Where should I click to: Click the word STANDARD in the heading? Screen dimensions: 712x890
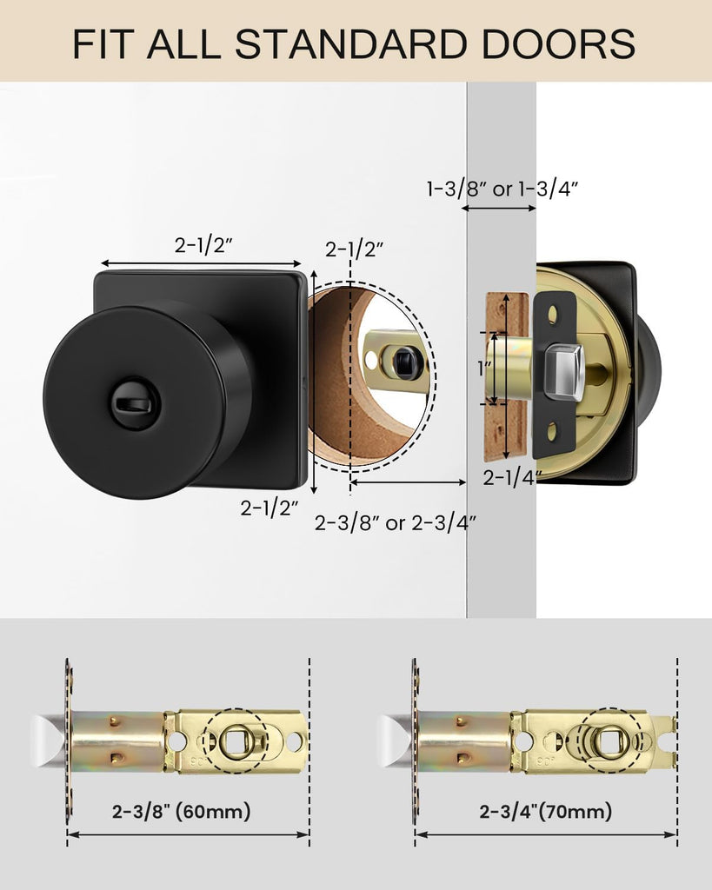[349, 43]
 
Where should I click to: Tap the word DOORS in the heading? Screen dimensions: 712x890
[558, 43]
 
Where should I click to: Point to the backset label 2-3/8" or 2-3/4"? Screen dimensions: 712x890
[396, 522]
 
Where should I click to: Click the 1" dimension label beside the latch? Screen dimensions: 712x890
[483, 369]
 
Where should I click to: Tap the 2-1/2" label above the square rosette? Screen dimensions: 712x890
[203, 245]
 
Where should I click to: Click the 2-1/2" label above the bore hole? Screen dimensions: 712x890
[355, 249]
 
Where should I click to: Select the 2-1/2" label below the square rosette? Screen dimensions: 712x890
[269, 508]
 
